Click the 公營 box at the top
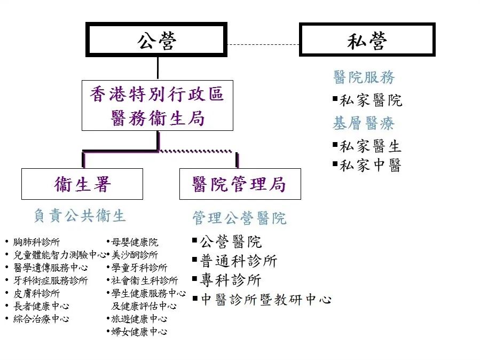(156, 40)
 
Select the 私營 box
(367, 40)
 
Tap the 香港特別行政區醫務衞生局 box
(158, 106)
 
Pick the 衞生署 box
(82, 184)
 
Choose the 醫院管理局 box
(240, 184)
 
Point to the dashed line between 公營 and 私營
(263, 44)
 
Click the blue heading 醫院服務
(364, 77)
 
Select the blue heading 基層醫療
(364, 124)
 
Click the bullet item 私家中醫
(370, 165)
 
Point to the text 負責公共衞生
(80, 215)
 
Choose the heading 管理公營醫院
(239, 218)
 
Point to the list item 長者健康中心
(41, 306)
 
